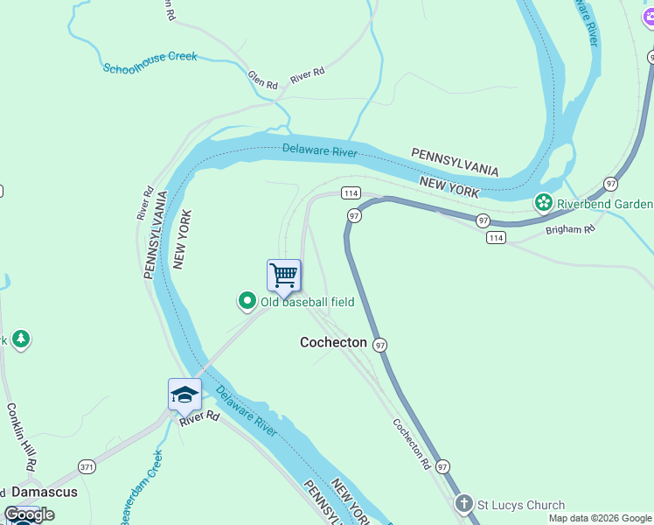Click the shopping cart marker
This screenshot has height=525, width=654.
(x=284, y=276)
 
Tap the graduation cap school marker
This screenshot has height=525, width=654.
(x=184, y=395)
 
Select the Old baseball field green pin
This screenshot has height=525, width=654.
(x=247, y=302)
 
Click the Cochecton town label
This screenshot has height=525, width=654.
(x=333, y=342)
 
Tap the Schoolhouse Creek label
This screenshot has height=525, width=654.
(x=150, y=62)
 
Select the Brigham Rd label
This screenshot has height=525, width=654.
(x=569, y=229)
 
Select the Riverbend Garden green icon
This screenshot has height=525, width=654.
(x=544, y=204)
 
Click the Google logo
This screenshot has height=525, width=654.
(x=29, y=514)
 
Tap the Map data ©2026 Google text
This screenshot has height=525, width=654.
(x=600, y=518)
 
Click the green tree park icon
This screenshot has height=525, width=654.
(x=21, y=339)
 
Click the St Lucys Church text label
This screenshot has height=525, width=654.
(x=520, y=505)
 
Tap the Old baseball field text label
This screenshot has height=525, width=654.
(x=307, y=302)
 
